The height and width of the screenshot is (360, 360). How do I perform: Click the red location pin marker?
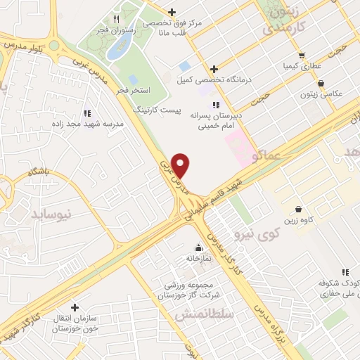point(181,165)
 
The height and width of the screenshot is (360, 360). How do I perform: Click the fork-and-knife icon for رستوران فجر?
point(116,20)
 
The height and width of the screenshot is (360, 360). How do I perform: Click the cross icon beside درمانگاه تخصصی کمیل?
point(214,68)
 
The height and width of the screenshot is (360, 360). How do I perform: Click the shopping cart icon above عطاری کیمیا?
point(301,54)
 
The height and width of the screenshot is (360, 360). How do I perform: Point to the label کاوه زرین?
point(297,221)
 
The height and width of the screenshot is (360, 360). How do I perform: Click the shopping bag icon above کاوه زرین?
point(298,209)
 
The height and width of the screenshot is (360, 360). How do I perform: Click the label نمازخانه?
point(198,259)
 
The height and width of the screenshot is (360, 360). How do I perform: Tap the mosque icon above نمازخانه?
point(198,247)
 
